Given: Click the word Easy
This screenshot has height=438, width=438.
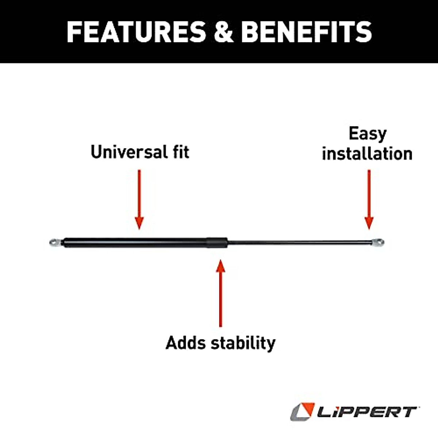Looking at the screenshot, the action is point(367,134).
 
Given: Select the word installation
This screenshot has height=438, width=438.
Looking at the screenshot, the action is point(367,154).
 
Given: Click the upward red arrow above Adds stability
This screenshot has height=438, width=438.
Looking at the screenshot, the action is point(220,292).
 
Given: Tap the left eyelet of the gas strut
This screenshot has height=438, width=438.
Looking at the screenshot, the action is point(55,242).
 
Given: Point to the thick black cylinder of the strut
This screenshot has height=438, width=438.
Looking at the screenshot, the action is point(135,242).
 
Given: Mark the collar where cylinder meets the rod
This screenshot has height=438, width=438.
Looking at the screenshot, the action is point(217,242).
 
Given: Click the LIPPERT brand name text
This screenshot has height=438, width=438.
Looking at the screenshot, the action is point(366,412).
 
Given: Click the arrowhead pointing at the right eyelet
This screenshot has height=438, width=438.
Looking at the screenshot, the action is point(369,223).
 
